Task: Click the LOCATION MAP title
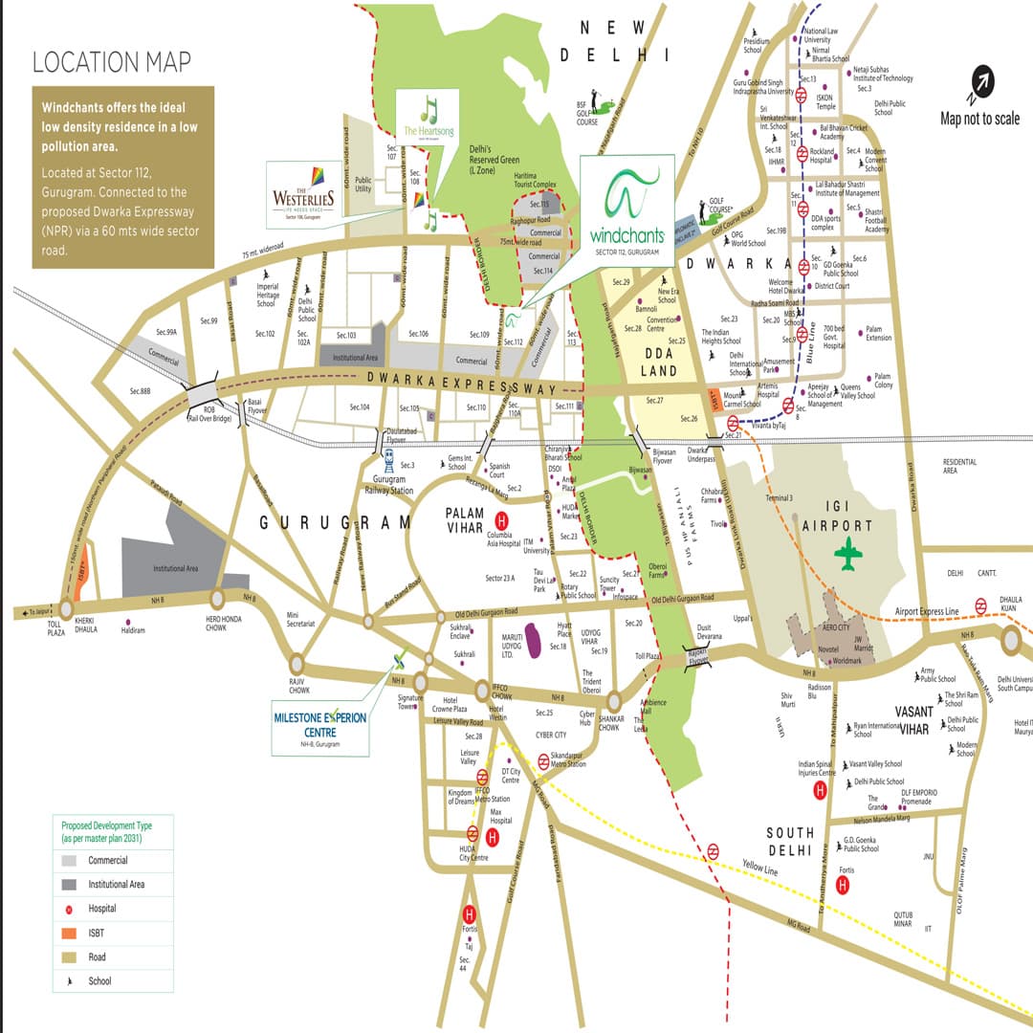(112, 62)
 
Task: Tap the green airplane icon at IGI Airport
(847, 554)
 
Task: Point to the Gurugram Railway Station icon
(389, 462)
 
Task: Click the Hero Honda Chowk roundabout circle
(217, 598)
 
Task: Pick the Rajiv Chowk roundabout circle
(297, 664)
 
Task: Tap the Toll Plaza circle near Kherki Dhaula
(65, 608)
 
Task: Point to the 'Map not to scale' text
(979, 119)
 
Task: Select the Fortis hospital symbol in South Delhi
(842, 886)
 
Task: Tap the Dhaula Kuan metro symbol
(981, 604)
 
